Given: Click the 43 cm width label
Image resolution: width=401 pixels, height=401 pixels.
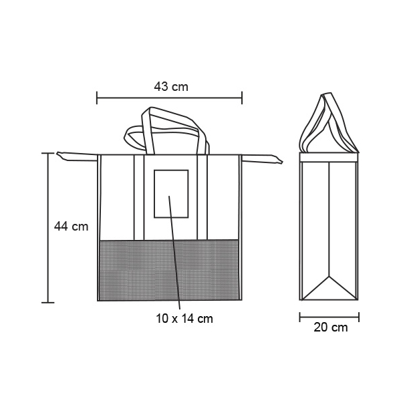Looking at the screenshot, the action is tap(171, 87).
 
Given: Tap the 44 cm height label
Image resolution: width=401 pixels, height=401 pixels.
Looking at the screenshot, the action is tap(71, 227).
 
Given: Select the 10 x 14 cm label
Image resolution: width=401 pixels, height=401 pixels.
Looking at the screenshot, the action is tap(184, 319).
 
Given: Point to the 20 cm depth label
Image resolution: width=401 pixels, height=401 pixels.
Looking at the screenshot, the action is tap(331, 327).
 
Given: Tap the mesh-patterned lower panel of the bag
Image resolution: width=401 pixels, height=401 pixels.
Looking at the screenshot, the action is tap(169, 270).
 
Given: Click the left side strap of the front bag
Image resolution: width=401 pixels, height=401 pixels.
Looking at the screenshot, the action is tap(77, 156).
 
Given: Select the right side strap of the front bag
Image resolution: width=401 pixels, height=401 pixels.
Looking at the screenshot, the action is tap(262, 158).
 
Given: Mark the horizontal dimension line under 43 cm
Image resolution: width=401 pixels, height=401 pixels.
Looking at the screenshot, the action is tap(169, 98).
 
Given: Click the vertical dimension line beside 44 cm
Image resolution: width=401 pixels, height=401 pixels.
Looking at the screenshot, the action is tap(47, 228).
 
